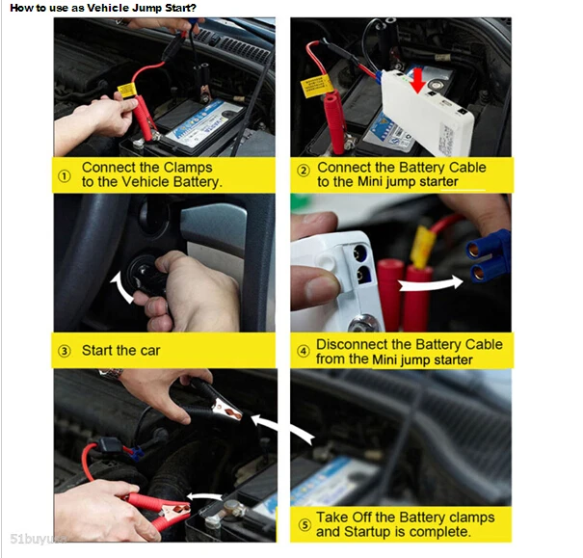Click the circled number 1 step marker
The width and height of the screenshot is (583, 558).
(65, 176)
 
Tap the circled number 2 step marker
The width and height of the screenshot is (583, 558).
(304, 171)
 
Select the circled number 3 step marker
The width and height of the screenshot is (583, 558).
(65, 351)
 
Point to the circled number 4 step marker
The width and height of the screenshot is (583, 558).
(304, 351)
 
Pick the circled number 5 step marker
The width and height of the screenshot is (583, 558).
(305, 525)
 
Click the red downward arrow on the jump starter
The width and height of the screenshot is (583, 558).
(418, 79)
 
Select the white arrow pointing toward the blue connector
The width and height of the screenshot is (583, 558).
(431, 284)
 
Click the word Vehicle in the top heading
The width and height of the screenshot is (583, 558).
(107, 8)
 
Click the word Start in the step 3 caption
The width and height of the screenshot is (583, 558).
(97, 350)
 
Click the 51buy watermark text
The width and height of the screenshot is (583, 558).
(39, 539)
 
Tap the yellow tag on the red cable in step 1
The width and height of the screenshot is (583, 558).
(127, 90)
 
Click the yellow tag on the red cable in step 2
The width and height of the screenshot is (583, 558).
(317, 86)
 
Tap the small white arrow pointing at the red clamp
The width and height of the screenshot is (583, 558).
(204, 496)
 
